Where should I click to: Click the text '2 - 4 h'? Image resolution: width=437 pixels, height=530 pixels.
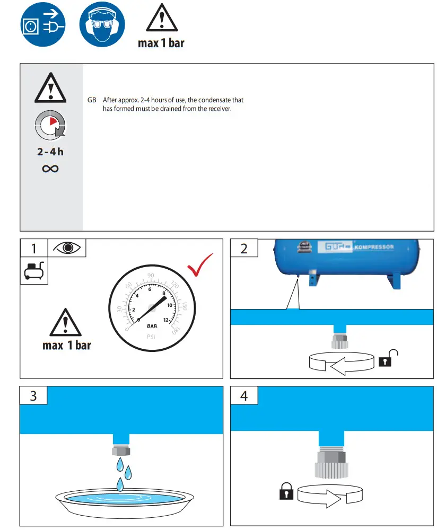tap(50, 152)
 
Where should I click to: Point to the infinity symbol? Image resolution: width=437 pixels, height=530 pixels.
tap(50, 169)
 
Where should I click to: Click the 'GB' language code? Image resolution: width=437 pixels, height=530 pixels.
tap(92, 100)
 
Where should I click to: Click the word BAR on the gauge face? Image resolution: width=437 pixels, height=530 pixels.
tap(152, 326)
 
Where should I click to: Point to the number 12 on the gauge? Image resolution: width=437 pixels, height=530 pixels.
tap(167, 320)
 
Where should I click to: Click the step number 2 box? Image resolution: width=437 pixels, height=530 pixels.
tap(244, 248)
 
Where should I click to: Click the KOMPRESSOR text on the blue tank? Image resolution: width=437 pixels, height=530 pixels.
tap(374, 247)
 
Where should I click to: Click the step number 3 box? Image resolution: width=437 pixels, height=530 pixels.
tap(33, 395)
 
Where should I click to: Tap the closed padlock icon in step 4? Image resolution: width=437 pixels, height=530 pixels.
tap(286, 491)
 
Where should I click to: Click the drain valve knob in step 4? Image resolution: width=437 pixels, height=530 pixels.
tap(331, 468)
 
